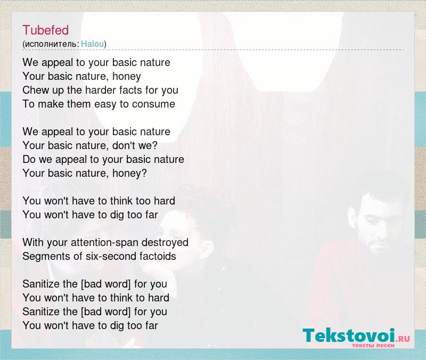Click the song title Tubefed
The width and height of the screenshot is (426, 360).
click(x=45, y=30)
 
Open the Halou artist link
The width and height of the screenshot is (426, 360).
click(x=92, y=44)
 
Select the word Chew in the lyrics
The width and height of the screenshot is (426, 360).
click(x=34, y=90)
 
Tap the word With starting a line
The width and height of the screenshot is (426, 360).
click(x=33, y=242)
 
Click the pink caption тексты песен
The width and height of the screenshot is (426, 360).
click(x=373, y=345)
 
